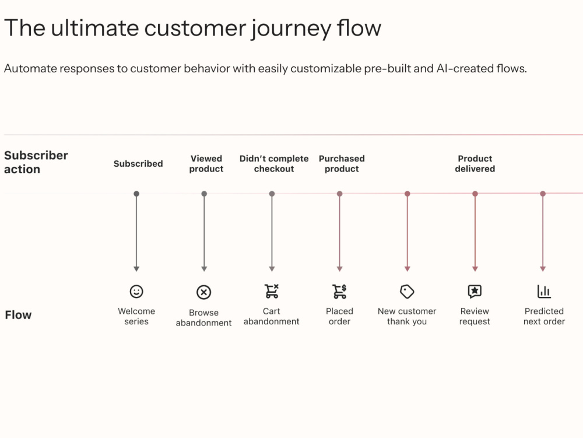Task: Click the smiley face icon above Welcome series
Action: tap(136, 292)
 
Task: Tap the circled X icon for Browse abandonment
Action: tap(203, 292)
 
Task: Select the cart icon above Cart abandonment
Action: tap(272, 292)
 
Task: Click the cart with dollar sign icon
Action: tap(339, 292)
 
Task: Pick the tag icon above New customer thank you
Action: tap(407, 292)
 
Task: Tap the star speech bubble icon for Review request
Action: tap(475, 292)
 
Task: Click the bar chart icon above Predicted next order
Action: tap(544, 292)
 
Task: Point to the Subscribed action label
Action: tap(138, 164)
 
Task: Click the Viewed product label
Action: tap(206, 164)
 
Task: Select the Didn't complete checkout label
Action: tap(274, 164)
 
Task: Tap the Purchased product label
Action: tap(342, 164)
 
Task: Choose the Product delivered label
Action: tap(475, 164)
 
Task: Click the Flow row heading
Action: tap(18, 315)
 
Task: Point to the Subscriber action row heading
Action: tap(36, 162)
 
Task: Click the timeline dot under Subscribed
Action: tap(136, 194)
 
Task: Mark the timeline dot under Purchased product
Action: tap(339, 194)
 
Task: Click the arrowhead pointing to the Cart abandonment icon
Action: tap(272, 269)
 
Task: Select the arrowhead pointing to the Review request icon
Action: tap(475, 269)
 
